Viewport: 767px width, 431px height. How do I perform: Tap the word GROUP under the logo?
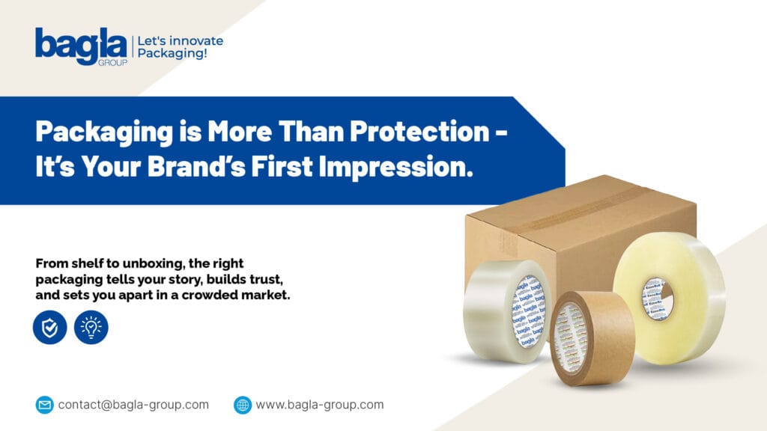point(112,63)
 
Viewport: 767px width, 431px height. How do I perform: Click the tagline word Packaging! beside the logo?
point(172,54)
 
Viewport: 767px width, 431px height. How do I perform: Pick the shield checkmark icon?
point(50,328)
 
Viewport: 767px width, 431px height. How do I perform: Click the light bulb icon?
point(91,328)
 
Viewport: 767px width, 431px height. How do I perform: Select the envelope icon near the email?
point(45,405)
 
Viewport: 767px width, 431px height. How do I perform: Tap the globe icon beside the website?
point(243,405)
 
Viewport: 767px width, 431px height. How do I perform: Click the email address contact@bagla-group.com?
point(133,405)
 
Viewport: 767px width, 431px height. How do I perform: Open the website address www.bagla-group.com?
point(320,405)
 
